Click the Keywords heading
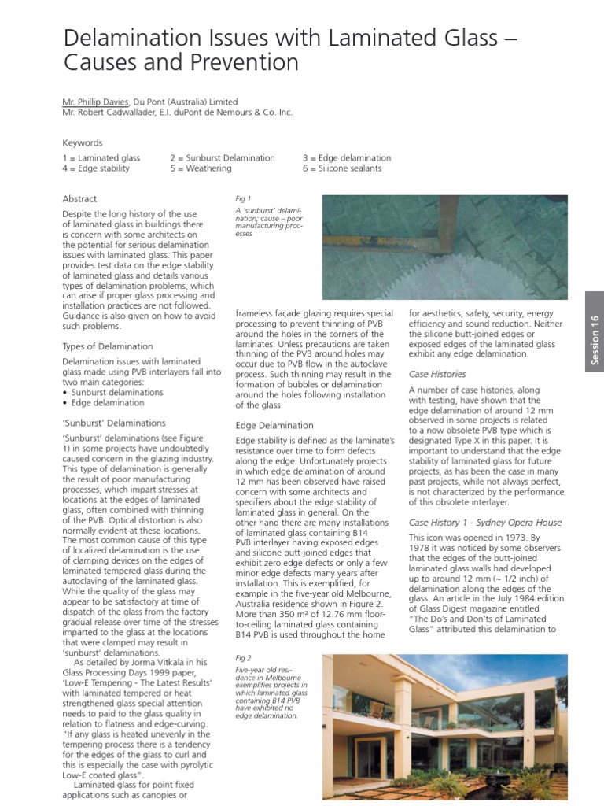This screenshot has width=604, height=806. click(x=83, y=143)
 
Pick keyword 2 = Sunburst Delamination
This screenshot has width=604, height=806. click(x=223, y=158)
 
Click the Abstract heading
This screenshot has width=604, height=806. click(x=79, y=199)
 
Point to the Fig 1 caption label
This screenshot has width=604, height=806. click(x=243, y=199)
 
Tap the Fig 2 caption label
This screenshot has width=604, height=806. click(x=243, y=656)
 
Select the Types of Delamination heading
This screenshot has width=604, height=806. click(x=108, y=346)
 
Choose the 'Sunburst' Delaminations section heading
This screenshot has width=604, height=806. click(x=114, y=423)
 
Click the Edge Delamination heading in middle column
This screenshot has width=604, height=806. click(x=274, y=425)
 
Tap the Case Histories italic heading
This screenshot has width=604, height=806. click(x=437, y=374)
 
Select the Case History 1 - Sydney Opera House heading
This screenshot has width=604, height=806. click(x=484, y=522)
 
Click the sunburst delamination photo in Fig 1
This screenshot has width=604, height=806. click(x=444, y=248)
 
